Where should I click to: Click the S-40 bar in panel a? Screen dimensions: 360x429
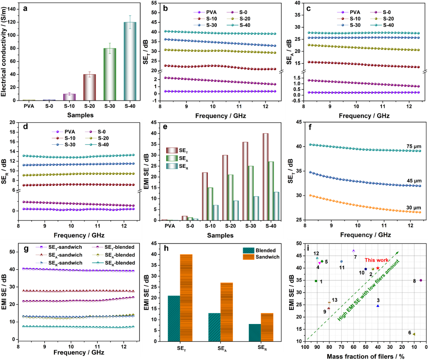pos(130,61)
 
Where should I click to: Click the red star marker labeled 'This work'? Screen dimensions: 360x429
pos(378,268)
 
